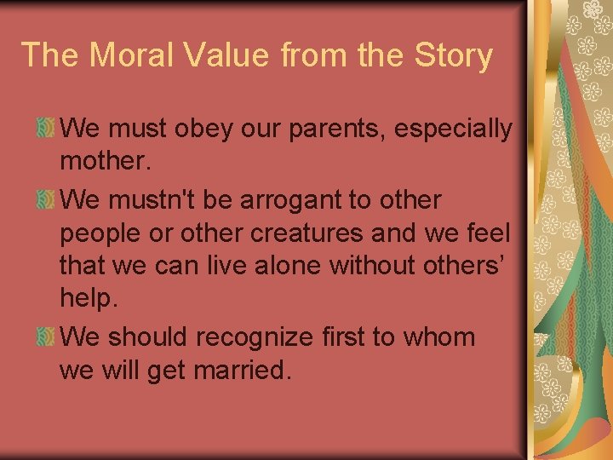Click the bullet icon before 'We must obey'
47,129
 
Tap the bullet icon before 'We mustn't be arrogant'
47,200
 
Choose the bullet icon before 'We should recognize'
47,336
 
